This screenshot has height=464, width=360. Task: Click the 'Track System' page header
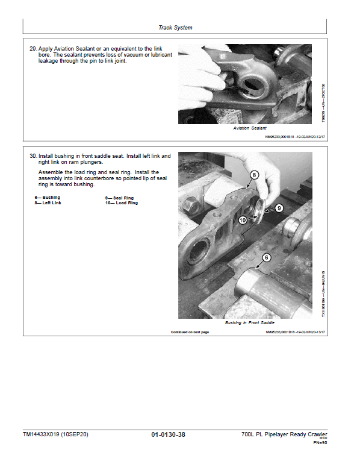(175, 28)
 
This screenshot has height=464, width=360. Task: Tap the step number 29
(33, 48)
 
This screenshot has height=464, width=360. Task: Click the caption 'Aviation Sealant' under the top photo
(249, 128)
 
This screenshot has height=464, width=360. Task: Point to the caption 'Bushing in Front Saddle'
(249, 323)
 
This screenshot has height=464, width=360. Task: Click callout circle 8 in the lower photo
(255, 175)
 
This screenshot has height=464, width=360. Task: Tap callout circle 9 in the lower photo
(279, 208)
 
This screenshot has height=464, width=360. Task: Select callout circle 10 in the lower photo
(242, 221)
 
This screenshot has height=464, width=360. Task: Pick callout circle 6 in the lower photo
(267, 257)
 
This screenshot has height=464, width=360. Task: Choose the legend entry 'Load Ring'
(123, 203)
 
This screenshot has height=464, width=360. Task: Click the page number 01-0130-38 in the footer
(169, 434)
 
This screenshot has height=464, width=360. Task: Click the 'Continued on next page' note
(190, 332)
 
